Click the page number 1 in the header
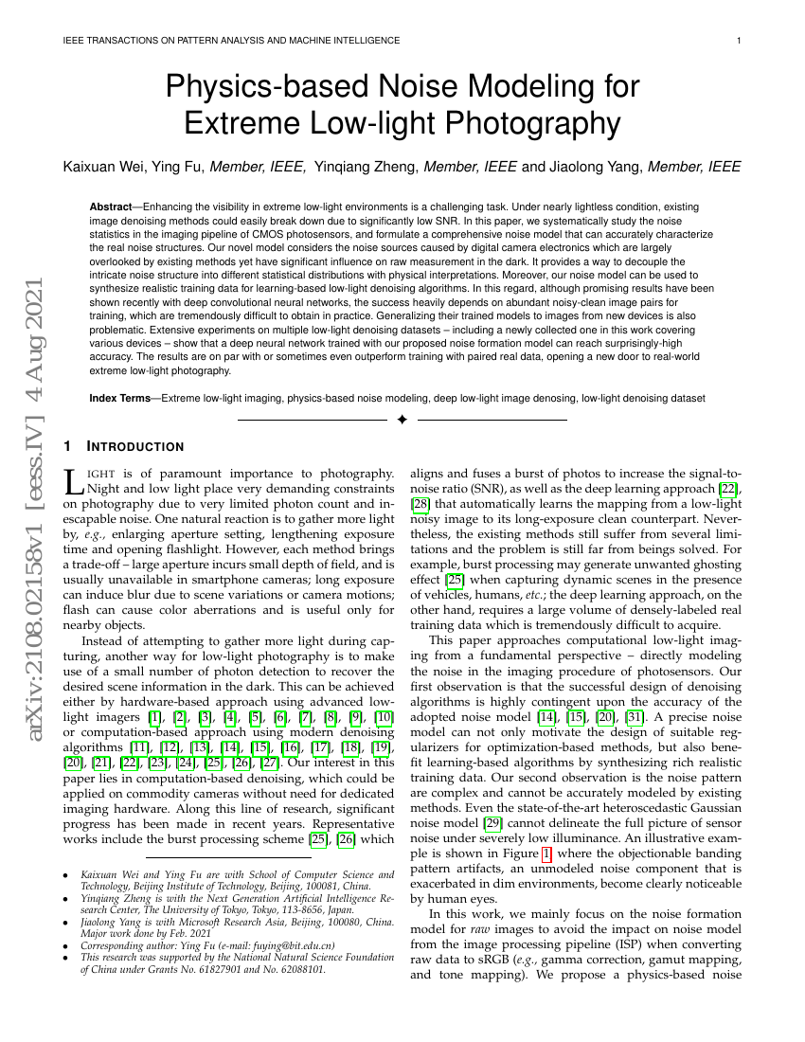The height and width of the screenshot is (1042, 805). point(738,41)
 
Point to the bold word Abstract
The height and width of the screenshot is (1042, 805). point(111,207)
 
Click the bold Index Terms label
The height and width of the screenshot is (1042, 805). point(121,399)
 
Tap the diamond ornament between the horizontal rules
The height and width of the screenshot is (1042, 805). point(402,420)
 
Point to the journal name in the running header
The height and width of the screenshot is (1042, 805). point(230,41)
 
